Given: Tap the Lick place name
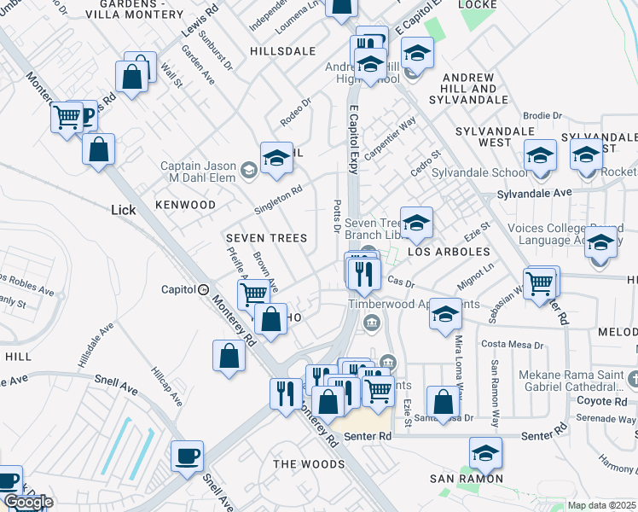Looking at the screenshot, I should tap(124, 209).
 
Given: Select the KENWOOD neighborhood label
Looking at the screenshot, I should tap(185, 205).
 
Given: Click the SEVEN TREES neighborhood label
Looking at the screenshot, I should tap(258, 236).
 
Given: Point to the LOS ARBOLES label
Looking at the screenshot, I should tap(449, 253).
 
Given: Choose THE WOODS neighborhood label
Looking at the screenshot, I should tap(308, 463).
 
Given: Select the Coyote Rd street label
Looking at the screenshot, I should tap(603, 400).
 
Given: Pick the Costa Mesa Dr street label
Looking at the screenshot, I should tap(513, 344).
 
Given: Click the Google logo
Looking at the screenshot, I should tap(28, 503).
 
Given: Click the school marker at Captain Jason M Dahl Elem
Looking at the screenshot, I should tap(276, 158).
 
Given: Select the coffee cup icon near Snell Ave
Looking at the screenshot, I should tap(188, 457).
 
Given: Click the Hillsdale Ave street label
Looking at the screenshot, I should tap(96, 345).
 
